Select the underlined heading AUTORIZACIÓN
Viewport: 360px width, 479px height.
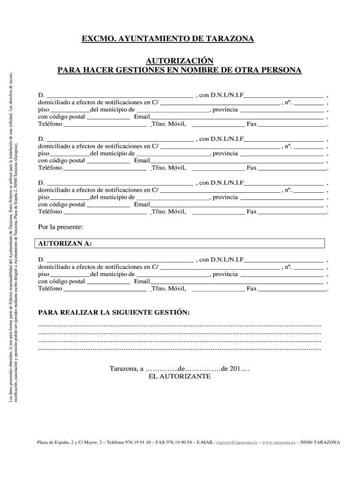click(x=180, y=61)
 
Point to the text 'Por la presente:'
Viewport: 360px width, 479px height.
click(x=60, y=227)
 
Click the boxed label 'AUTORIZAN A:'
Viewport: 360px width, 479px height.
click(x=65, y=244)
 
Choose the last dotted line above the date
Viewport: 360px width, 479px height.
click(x=180, y=349)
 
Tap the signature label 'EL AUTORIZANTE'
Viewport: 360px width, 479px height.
click(x=180, y=376)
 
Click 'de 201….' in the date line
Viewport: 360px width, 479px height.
click(x=236, y=369)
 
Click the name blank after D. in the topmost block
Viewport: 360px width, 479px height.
click(x=120, y=96)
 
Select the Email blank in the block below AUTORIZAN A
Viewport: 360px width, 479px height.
click(x=237, y=282)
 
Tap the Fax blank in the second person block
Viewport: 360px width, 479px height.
click(x=292, y=168)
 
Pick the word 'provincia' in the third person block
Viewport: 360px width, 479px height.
click(x=225, y=197)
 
